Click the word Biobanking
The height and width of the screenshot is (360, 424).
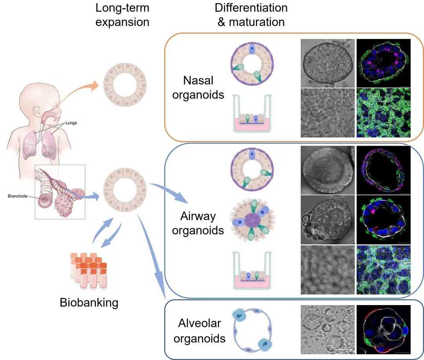[x=89, y=303]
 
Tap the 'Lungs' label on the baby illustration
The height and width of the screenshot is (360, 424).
[x=71, y=123]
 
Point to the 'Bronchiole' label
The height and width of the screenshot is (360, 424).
[x=18, y=196]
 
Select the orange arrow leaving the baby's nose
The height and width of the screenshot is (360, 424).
[x=79, y=92]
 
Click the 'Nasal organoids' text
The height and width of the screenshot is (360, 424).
[x=198, y=88]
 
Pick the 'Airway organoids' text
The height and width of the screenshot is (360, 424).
[x=198, y=223]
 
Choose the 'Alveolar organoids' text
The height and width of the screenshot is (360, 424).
[x=199, y=331]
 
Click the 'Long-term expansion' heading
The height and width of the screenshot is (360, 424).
[x=122, y=15]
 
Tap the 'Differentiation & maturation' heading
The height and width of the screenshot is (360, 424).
[x=251, y=15]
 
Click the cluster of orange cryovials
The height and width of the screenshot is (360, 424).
[x=89, y=271]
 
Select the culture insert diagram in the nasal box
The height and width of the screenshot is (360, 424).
[x=252, y=113]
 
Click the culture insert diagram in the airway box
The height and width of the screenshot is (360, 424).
[x=252, y=270]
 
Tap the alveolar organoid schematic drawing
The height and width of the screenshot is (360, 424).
[x=252, y=331]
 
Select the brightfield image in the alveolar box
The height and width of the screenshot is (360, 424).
[x=327, y=329]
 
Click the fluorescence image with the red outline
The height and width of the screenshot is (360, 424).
[x=384, y=329]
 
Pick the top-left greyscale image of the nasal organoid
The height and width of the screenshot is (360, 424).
[x=327, y=63]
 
